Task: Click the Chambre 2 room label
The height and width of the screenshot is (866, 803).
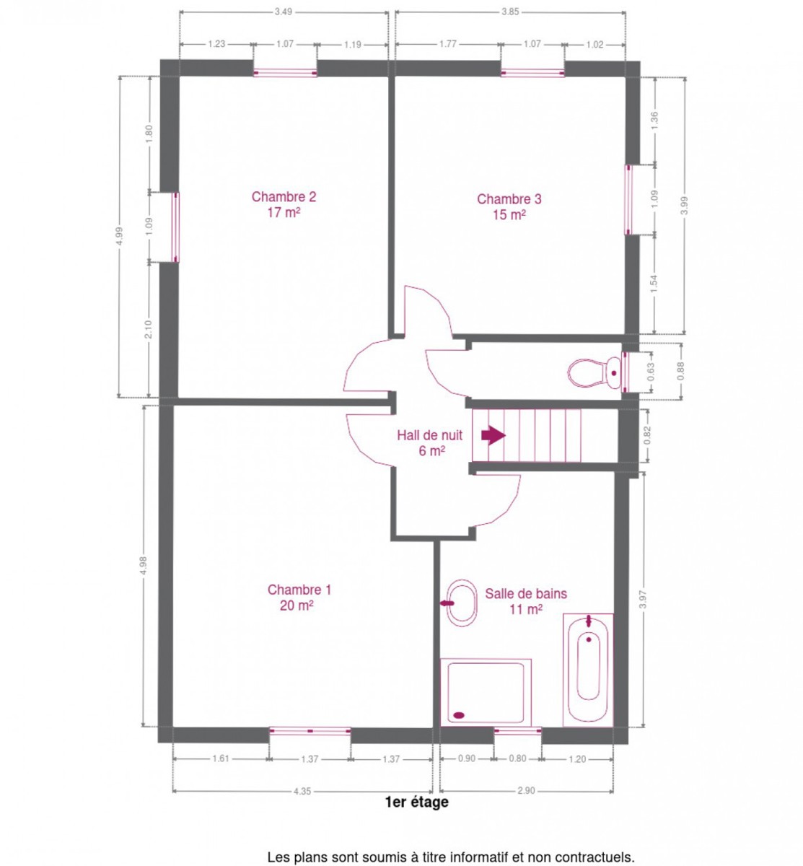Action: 284,204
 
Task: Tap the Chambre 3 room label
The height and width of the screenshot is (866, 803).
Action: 509,206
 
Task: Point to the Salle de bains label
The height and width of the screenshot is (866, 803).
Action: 526,601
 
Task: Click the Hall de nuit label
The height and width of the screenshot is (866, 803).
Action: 429,442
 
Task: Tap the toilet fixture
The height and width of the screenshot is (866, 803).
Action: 594,372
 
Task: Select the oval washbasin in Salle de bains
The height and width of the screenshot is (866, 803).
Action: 462,603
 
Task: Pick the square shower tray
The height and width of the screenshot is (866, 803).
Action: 486,693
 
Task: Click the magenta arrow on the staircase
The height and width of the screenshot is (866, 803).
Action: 493,435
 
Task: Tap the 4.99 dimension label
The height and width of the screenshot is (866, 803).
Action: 120,236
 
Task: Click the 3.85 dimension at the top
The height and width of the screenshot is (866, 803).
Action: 510,12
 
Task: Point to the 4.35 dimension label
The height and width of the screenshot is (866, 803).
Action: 302,792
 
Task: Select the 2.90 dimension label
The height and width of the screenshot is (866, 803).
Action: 526,791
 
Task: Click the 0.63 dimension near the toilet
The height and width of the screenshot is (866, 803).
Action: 651,372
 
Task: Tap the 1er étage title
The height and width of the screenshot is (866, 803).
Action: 417,802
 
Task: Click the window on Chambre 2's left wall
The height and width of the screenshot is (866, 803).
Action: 175,227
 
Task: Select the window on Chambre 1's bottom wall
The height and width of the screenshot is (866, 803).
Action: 310,730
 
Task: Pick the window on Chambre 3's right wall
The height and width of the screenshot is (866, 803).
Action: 628,200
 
